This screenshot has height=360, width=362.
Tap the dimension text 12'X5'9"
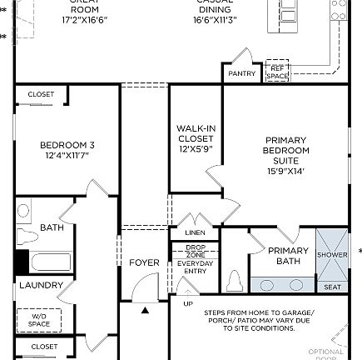pyautogui.click(x=196, y=149)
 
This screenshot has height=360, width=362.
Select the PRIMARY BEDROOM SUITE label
pyautogui.click(x=285, y=150)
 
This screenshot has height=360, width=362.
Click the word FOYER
pyautogui.click(x=144, y=262)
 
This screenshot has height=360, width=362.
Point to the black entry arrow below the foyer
pyautogui.click(x=145, y=310)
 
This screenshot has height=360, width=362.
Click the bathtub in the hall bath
pyautogui.click(x=45, y=262)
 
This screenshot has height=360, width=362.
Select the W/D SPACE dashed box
pyautogui.click(x=40, y=319)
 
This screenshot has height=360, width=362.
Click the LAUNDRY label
pyautogui.click(x=42, y=285)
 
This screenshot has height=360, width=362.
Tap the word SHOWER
pyautogui.click(x=332, y=255)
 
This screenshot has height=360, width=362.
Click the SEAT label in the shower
pyautogui.click(x=332, y=287)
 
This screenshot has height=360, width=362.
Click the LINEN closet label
pyautogui.click(x=196, y=232)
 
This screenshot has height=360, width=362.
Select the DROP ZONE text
pyautogui.click(x=196, y=251)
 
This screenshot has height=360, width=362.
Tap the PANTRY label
pyautogui.click(x=242, y=73)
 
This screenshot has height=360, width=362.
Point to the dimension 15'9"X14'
pyautogui.click(x=285, y=171)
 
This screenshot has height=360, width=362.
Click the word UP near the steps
pyautogui.click(x=188, y=304)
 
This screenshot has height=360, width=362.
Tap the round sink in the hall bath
pyautogui.click(x=23, y=212)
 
